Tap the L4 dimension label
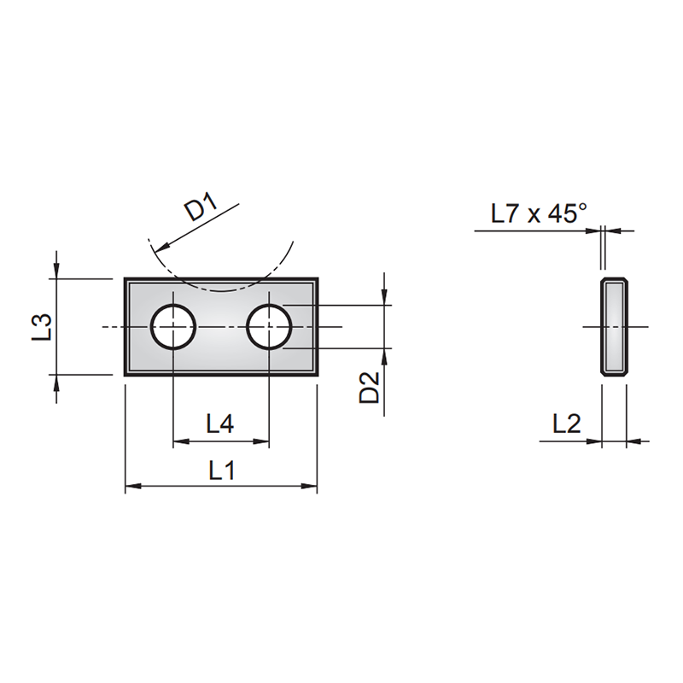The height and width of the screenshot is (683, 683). [220, 423]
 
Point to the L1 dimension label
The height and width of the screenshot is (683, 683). [222, 470]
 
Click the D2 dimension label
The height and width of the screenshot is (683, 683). [369, 388]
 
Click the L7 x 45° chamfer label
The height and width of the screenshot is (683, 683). [538, 213]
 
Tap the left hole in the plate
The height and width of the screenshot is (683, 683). [174, 326]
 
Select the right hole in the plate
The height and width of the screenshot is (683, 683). [270, 326]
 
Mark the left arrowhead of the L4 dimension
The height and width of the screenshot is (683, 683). [180, 441]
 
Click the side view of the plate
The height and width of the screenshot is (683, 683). [615, 326]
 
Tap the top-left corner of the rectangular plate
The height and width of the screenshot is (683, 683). [126, 279]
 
